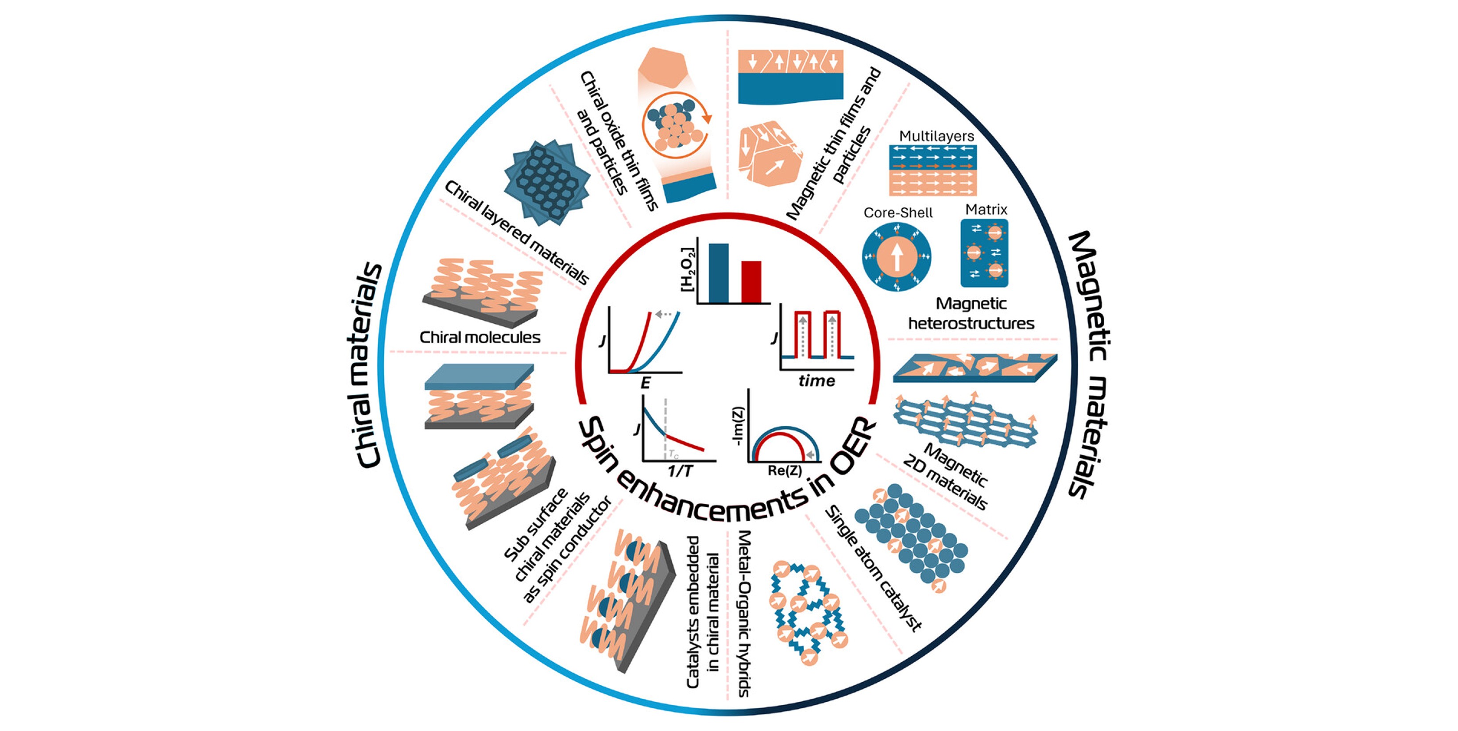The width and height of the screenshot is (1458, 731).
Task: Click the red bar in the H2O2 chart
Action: [751, 281]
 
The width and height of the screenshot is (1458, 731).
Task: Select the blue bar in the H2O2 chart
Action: [718, 273]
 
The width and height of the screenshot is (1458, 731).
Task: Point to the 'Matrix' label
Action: [986, 210]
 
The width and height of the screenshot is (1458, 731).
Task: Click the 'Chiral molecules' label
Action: [480, 338]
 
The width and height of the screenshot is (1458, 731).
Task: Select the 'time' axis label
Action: [816, 381]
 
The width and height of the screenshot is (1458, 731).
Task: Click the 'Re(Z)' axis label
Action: [785, 470]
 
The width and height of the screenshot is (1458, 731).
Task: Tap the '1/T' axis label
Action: [679, 471]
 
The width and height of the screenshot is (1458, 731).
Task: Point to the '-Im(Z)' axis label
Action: [738, 426]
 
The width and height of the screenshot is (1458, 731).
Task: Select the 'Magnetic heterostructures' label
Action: [971, 314]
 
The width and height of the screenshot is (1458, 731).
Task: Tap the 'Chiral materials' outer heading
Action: [365, 365]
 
